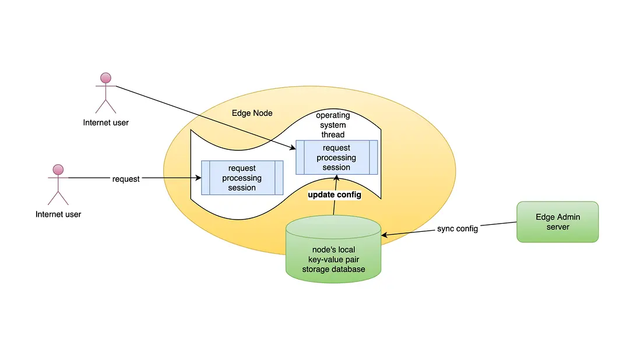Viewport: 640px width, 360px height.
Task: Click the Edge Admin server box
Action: (x=557, y=221)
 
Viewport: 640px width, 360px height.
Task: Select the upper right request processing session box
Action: (x=336, y=157)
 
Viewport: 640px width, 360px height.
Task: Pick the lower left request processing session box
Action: (x=242, y=178)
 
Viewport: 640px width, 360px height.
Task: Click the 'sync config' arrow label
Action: (x=458, y=229)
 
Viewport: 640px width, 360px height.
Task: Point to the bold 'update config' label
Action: (x=335, y=195)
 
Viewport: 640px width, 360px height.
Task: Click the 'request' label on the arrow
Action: (x=126, y=179)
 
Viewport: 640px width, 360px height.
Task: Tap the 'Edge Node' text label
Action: (x=252, y=113)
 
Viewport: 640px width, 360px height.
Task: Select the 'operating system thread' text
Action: (x=333, y=125)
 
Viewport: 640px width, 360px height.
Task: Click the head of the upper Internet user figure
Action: (x=106, y=78)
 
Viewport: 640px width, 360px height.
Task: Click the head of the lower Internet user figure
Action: (x=58, y=170)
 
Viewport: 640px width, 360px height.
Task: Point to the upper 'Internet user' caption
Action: (x=106, y=122)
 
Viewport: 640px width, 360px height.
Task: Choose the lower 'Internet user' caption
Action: (x=58, y=214)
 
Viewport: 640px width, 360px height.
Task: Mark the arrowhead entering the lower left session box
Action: (x=198, y=178)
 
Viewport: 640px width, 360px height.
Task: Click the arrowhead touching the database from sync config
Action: (x=385, y=235)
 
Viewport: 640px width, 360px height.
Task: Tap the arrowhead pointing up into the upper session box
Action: (x=336, y=178)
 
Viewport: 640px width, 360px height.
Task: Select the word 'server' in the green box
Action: (x=557, y=227)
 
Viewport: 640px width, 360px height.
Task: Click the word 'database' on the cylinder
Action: (x=349, y=269)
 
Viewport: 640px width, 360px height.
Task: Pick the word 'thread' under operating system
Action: (x=333, y=135)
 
